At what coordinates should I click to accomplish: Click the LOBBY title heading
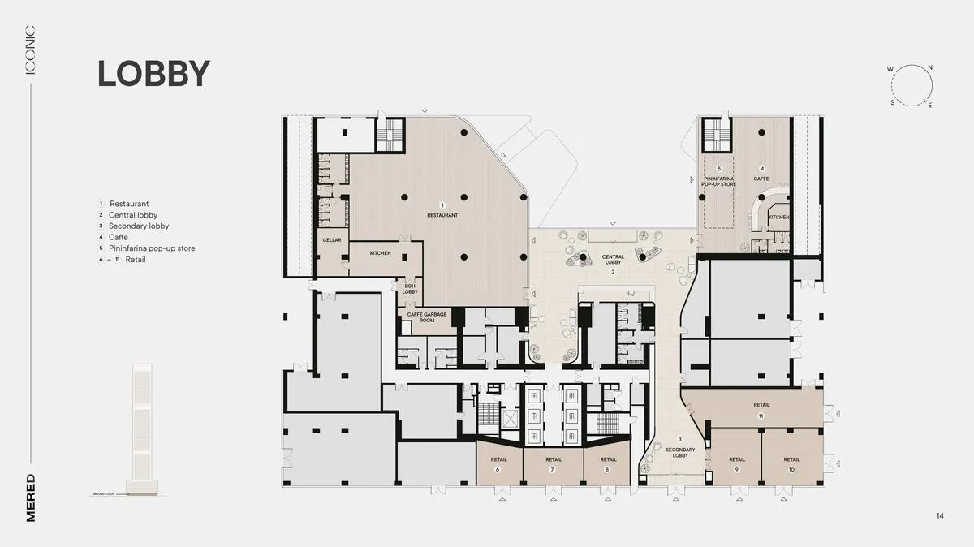(x=153, y=74)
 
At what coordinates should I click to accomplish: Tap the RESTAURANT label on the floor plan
(x=442, y=215)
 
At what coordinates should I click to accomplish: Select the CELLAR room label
(x=331, y=240)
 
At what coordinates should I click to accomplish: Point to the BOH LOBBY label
(x=410, y=288)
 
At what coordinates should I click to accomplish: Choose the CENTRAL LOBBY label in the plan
(x=613, y=260)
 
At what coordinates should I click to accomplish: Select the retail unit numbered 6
(x=498, y=463)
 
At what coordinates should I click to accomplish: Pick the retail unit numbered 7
(x=553, y=463)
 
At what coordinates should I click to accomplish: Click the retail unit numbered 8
(x=609, y=463)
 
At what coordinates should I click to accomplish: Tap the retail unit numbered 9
(x=736, y=463)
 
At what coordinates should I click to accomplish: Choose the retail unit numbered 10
(x=791, y=463)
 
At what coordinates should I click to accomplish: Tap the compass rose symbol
(x=910, y=86)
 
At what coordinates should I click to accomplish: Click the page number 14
(x=940, y=516)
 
